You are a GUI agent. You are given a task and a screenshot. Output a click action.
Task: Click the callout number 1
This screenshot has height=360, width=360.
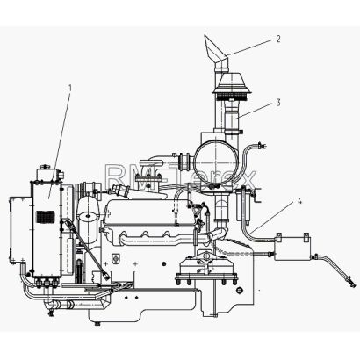(x=69, y=87)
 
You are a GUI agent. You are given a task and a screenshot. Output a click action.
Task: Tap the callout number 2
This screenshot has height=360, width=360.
(x=277, y=39)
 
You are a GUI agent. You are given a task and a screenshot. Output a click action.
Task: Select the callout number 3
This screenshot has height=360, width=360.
(x=278, y=102)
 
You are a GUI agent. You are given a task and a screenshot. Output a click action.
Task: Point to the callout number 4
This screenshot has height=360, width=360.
(x=299, y=201)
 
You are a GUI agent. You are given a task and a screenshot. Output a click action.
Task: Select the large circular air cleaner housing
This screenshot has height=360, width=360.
(x=215, y=162)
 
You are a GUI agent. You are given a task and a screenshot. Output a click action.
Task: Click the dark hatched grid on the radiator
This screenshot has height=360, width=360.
(x=46, y=216)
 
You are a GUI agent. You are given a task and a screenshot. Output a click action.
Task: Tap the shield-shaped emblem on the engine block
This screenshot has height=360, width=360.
(x=116, y=258)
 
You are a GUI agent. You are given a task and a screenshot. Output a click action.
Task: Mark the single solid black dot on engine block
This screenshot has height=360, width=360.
(x=164, y=264)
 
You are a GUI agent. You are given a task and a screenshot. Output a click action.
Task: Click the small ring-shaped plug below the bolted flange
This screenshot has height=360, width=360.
(x=240, y=290)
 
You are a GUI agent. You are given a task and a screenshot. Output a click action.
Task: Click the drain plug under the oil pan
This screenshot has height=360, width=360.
(x=97, y=323)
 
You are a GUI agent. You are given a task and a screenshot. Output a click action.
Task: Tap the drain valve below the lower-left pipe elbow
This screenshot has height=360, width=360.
(x=51, y=313)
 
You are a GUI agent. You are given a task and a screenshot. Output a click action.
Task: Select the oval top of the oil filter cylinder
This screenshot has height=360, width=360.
(x=87, y=217)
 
